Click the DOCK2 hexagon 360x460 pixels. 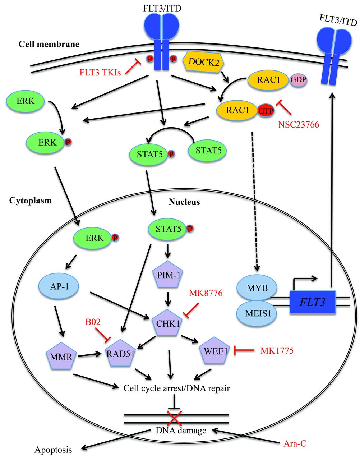[204, 61]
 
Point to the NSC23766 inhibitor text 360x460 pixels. [298, 125]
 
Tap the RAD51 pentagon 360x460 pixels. [120, 353]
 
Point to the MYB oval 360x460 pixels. [257, 289]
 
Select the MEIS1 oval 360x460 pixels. [257, 312]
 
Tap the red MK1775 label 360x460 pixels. [277, 350]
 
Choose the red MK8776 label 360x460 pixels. [206, 293]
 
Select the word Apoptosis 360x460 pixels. [53, 450]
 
